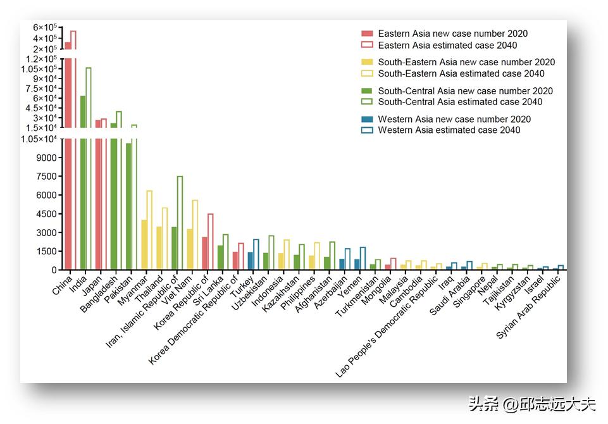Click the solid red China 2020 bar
click(68, 158)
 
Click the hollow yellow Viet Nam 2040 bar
click(195, 235)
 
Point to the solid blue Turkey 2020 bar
click(251, 261)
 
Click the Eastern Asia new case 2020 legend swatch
click(367, 34)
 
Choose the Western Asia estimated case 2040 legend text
click(449, 130)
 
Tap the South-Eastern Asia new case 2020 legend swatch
click(367, 62)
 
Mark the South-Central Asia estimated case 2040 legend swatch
click(367, 102)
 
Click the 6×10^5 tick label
click(46, 27)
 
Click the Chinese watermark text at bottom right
click(531, 403)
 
